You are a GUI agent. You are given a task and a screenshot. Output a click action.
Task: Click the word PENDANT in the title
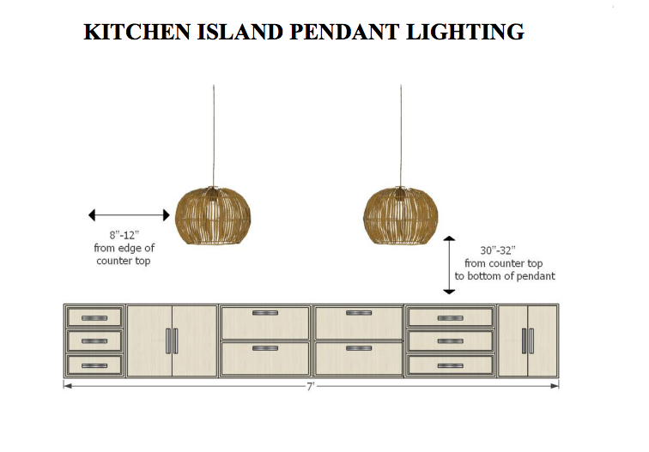point(344,32)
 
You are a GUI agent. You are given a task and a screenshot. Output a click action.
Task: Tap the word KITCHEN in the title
point(137,32)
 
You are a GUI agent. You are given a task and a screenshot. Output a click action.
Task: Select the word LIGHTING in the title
point(465,32)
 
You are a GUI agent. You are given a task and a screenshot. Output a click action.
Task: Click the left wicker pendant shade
point(213,215)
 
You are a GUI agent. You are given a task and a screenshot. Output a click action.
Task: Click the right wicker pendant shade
point(400,215)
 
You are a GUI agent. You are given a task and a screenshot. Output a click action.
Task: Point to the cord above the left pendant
point(214,136)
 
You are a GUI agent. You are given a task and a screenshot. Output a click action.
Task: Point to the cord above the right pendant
point(401,136)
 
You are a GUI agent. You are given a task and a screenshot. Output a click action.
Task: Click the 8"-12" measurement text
point(124,235)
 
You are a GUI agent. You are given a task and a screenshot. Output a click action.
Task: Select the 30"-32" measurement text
point(498,250)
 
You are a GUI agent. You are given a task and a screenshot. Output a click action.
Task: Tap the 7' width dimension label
point(311,386)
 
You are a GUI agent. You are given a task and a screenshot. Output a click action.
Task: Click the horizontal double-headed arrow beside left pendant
point(129,215)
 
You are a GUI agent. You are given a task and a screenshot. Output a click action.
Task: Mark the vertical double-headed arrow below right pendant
point(449,265)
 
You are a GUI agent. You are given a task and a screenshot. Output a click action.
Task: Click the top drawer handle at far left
point(94,318)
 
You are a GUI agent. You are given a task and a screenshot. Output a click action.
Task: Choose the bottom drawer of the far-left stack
point(94,365)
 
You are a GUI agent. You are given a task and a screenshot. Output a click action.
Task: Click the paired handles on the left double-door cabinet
point(172,341)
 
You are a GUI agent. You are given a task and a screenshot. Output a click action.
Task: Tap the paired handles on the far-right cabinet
point(528,341)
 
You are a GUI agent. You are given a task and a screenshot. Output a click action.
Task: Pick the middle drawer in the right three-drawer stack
point(451,341)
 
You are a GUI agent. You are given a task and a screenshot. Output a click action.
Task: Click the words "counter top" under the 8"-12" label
point(124,261)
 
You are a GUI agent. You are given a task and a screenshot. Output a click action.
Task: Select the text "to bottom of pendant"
point(505,276)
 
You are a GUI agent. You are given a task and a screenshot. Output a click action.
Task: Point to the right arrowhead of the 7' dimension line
point(555,386)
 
